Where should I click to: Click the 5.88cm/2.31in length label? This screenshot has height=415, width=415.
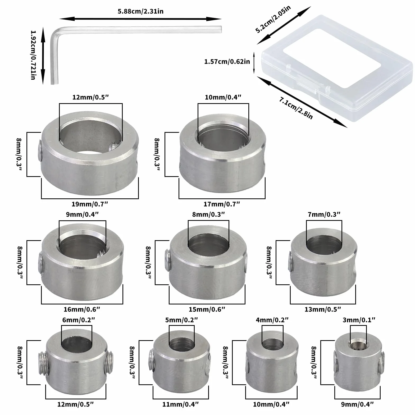140,12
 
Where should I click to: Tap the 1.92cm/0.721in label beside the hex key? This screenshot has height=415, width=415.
33,55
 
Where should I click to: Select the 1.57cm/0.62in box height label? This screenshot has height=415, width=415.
227,62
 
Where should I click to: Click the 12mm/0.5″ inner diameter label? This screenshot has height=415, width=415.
91,97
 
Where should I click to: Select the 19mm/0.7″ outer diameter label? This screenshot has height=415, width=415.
90,204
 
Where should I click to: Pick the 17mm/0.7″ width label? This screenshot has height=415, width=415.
222,204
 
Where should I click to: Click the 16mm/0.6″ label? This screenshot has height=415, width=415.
82,309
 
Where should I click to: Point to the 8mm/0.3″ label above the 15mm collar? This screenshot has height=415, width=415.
208,214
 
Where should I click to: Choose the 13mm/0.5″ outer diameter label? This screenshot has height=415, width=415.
323,309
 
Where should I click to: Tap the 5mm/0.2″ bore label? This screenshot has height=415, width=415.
181,320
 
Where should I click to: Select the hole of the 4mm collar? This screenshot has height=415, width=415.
272,345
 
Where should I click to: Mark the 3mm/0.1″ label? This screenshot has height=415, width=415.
359,320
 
